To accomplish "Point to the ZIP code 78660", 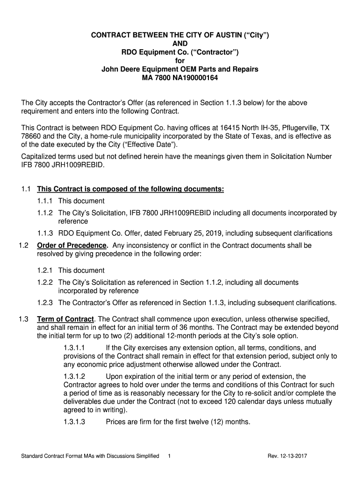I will (x=32, y=137).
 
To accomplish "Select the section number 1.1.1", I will (x=45, y=201).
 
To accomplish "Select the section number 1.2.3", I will (x=45, y=303).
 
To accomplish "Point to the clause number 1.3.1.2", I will (x=74, y=377).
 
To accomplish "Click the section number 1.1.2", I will (x=45, y=213).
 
